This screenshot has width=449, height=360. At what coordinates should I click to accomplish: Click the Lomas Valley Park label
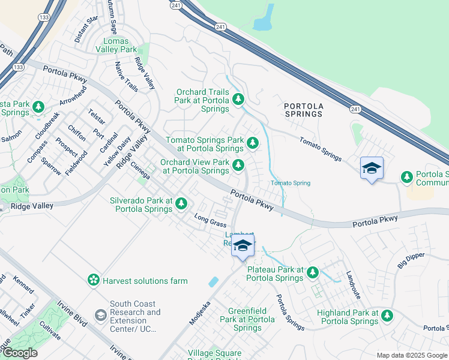click(x=120, y=45)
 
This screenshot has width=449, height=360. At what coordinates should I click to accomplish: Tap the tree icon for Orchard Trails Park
click(x=239, y=99)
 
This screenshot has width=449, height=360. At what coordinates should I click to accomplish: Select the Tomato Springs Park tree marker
click(x=253, y=143)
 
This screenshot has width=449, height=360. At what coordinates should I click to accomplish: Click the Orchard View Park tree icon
click(x=239, y=165)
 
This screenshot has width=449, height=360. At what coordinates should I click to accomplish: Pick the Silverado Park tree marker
click(x=181, y=205)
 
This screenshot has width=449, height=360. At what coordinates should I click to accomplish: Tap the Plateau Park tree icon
click(x=312, y=273)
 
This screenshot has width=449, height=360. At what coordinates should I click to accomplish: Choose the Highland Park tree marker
click(x=387, y=316)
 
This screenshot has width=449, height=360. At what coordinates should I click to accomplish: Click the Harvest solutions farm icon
click(x=93, y=280)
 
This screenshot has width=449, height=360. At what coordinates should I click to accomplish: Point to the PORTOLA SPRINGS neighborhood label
click(x=304, y=110)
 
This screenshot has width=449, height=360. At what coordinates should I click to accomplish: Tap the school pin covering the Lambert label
click(x=243, y=247)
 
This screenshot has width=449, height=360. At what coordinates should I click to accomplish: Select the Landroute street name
click(x=354, y=286)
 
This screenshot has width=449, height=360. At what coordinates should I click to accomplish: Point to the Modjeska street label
click(x=200, y=311)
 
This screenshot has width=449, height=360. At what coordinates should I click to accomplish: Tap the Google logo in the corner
click(x=20, y=353)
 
